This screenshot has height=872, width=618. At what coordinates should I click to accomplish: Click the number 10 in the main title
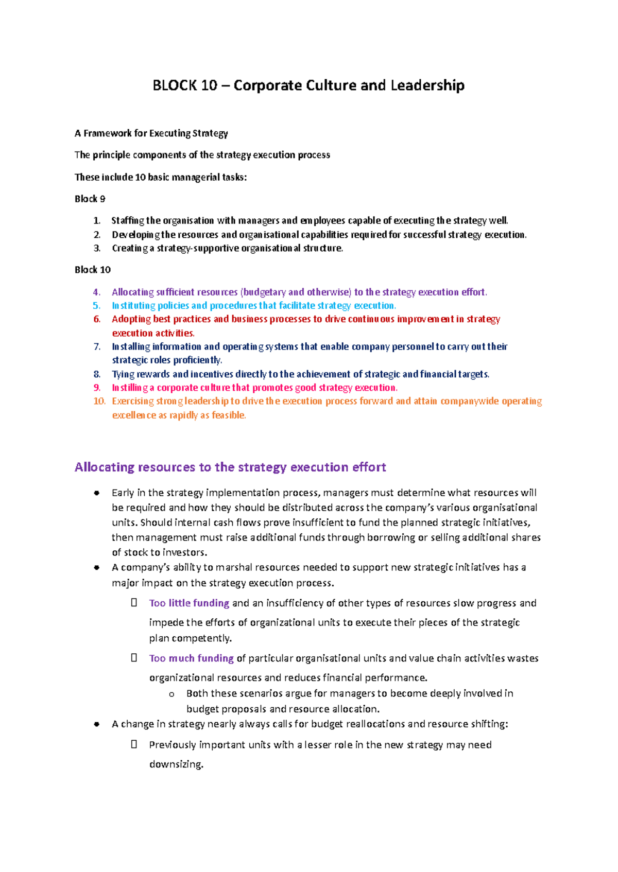(x=209, y=85)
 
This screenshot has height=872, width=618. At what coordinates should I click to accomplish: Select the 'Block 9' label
(x=90, y=199)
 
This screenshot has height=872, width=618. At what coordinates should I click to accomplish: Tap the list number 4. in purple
(x=97, y=292)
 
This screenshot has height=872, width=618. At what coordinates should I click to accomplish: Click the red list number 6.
(x=97, y=319)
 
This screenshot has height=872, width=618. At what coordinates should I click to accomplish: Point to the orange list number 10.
(x=99, y=402)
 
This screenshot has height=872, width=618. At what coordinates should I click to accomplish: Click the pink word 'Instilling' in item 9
(x=130, y=388)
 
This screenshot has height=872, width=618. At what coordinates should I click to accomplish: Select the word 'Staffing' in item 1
(x=128, y=221)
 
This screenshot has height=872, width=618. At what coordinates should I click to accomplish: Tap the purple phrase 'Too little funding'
(x=189, y=603)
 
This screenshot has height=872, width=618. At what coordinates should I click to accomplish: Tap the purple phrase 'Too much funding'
(x=191, y=658)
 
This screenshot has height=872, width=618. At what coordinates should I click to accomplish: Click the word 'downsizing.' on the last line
(x=176, y=764)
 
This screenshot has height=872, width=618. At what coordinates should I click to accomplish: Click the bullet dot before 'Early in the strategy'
(x=96, y=493)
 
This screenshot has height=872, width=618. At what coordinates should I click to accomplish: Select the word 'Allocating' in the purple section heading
(x=105, y=467)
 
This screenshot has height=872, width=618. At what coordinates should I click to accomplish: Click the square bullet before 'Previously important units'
(x=134, y=744)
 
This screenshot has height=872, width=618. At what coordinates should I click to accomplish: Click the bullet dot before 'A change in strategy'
(x=96, y=724)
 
